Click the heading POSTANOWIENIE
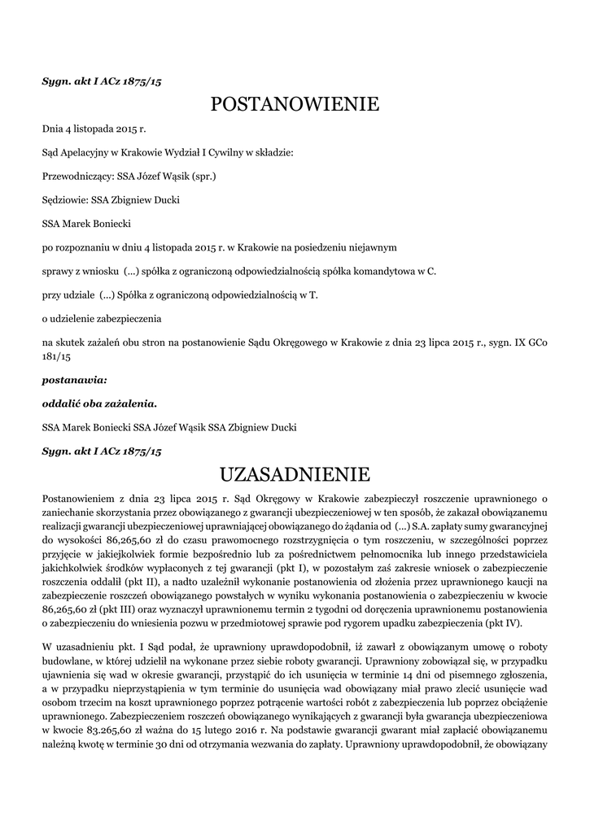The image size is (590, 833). [x=295, y=105]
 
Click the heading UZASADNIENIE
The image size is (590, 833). [x=295, y=473]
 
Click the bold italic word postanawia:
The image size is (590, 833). [x=74, y=379]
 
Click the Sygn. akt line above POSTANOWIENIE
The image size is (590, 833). [x=102, y=81]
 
